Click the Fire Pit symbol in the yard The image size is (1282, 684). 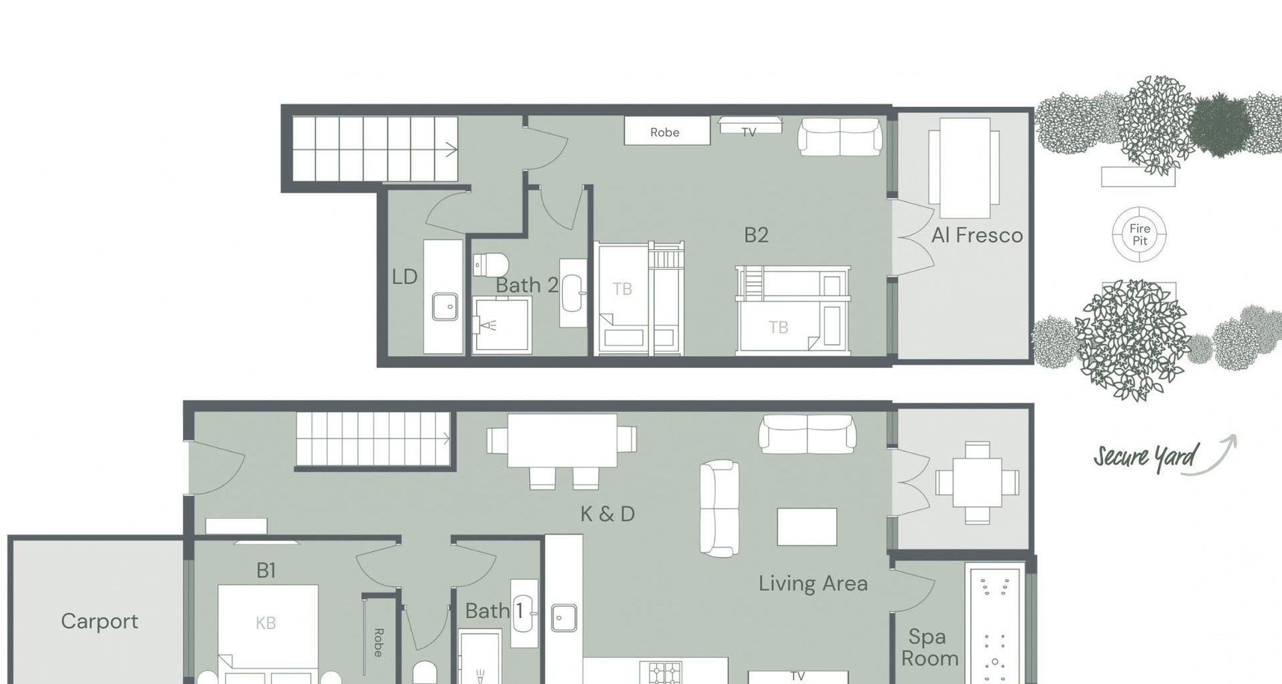pyautogui.click(x=1139, y=234)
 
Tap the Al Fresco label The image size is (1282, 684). pyautogui.click(x=977, y=235)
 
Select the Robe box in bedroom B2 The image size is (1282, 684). pyautogui.click(x=667, y=131)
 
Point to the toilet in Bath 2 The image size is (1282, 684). pyautogui.click(x=490, y=265)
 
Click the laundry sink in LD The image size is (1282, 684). pyautogui.click(x=445, y=307)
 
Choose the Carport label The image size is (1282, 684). pyautogui.click(x=99, y=621)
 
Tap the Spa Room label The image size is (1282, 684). pyautogui.click(x=929, y=647)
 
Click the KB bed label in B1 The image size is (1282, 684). pyautogui.click(x=266, y=623)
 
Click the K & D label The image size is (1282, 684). pyautogui.click(x=608, y=514)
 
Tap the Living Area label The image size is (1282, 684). pyautogui.click(x=813, y=584)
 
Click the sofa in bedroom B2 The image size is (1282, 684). pyautogui.click(x=840, y=137)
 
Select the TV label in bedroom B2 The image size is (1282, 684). pyautogui.click(x=749, y=132)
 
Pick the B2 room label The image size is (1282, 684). pyautogui.click(x=757, y=235)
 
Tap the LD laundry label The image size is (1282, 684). pyautogui.click(x=405, y=277)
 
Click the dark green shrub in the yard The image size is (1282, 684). pyautogui.click(x=1221, y=125)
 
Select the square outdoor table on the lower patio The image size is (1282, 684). pyautogui.click(x=978, y=482)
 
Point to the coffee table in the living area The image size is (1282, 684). pyautogui.click(x=807, y=527)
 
